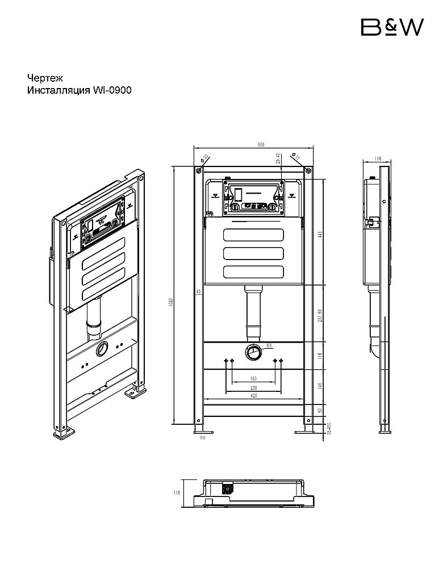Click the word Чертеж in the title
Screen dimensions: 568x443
pos(45,78)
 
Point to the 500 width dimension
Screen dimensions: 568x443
pos(261,145)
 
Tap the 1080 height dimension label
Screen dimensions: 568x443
pos(171,304)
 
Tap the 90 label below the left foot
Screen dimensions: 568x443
pos(202,438)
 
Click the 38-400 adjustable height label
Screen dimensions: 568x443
pos(329,429)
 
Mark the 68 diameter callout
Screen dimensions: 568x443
pos(269,345)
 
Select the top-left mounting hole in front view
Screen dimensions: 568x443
pos(198,170)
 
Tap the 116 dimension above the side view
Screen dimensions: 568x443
pos(378,160)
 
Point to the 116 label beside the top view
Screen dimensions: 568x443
pos(177,492)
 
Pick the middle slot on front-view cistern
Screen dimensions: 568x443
pos(253,253)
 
